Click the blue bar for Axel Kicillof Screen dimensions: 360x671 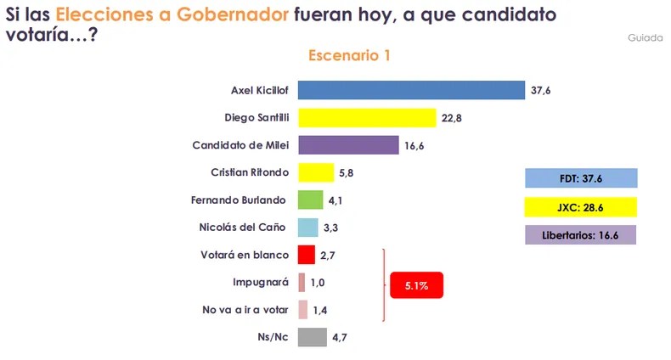point(411,90)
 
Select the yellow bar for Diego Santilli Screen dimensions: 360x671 point(367,117)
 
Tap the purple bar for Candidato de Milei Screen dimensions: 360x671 point(348,145)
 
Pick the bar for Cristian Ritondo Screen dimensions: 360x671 point(316,172)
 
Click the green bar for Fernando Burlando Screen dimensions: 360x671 point(311,200)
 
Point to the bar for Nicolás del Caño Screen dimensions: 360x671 point(308,228)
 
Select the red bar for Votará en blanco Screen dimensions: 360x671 point(307,255)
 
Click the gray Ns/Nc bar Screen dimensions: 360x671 point(313,337)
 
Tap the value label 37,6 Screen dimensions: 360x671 point(542,91)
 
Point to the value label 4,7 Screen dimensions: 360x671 point(340,338)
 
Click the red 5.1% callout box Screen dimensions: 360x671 point(417,286)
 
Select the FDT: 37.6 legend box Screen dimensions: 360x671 point(581,179)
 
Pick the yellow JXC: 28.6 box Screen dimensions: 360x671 point(581,207)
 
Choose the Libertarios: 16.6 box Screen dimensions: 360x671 point(581,235)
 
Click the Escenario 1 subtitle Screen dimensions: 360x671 point(348,55)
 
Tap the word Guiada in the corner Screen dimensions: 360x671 point(646,38)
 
